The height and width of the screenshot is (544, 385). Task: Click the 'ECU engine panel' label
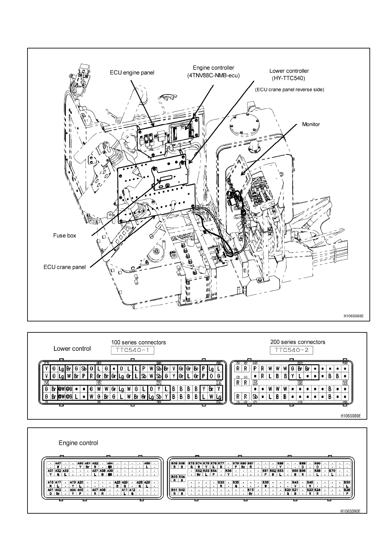pyautogui.click(x=132, y=73)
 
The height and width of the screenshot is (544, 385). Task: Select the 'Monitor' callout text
pyautogui.click(x=311, y=124)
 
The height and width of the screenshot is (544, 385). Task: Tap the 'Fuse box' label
pyautogui.click(x=65, y=235)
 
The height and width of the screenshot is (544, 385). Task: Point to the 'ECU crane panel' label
pyautogui.click(x=65, y=267)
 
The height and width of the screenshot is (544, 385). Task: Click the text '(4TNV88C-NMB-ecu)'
pyautogui.click(x=213, y=76)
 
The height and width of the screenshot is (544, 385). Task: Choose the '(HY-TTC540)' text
pyautogui.click(x=289, y=78)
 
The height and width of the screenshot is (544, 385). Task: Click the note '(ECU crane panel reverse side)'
pyautogui.click(x=289, y=89)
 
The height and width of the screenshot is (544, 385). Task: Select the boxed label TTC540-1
pyautogui.click(x=132, y=350)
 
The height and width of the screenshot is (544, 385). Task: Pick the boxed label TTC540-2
pyautogui.click(x=291, y=350)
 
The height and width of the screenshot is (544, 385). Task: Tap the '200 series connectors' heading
pyautogui.click(x=298, y=342)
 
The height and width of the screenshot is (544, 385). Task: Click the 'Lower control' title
pyautogui.click(x=72, y=349)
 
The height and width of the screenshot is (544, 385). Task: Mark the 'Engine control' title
pyautogui.click(x=78, y=443)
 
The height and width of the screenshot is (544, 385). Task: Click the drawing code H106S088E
pyautogui.click(x=354, y=316)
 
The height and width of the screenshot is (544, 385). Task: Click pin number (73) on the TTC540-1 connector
pyautogui.click(x=46, y=363)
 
